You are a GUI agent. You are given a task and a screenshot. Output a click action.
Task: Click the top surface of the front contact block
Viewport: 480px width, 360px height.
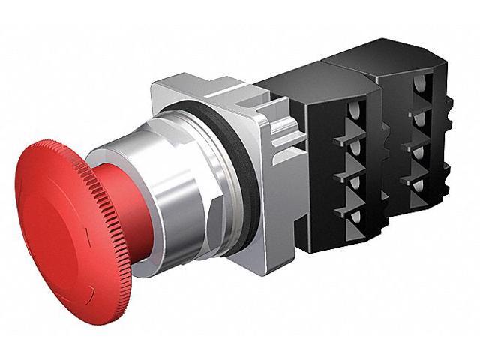300,67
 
